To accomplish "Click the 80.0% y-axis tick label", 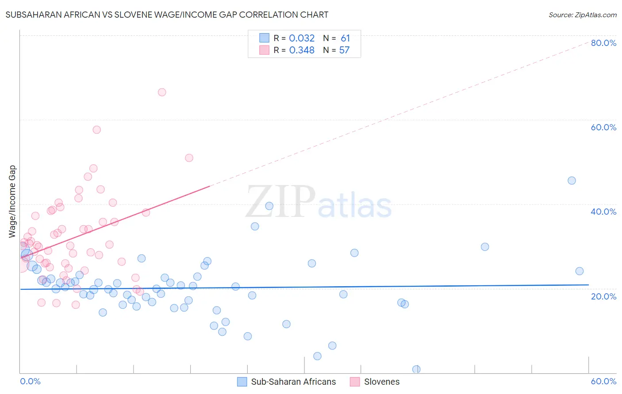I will pos(603,43).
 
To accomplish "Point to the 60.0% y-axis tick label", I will pos(603,127).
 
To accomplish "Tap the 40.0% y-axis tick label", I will pos(603,212).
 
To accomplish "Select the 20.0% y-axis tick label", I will pos(603,296).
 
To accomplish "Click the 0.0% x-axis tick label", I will pos(30,381).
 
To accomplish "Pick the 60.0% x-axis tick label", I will pos(603,381).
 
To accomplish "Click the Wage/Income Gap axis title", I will pos(12,201).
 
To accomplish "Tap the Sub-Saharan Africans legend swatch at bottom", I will pos(242,382).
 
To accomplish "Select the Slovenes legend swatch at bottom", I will pos(355,382).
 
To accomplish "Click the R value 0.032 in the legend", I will pos(302,38).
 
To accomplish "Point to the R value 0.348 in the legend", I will pos(302,50).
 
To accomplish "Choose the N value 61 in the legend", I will pos(345,38).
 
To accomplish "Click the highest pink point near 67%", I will pos(162,92).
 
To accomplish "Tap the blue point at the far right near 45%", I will pos(572,180).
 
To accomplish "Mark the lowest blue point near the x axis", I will pos(416,369).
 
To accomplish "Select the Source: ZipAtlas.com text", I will pos(582,15).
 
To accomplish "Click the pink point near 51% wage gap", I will pos(189,158).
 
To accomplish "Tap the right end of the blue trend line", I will pos(588,285).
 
